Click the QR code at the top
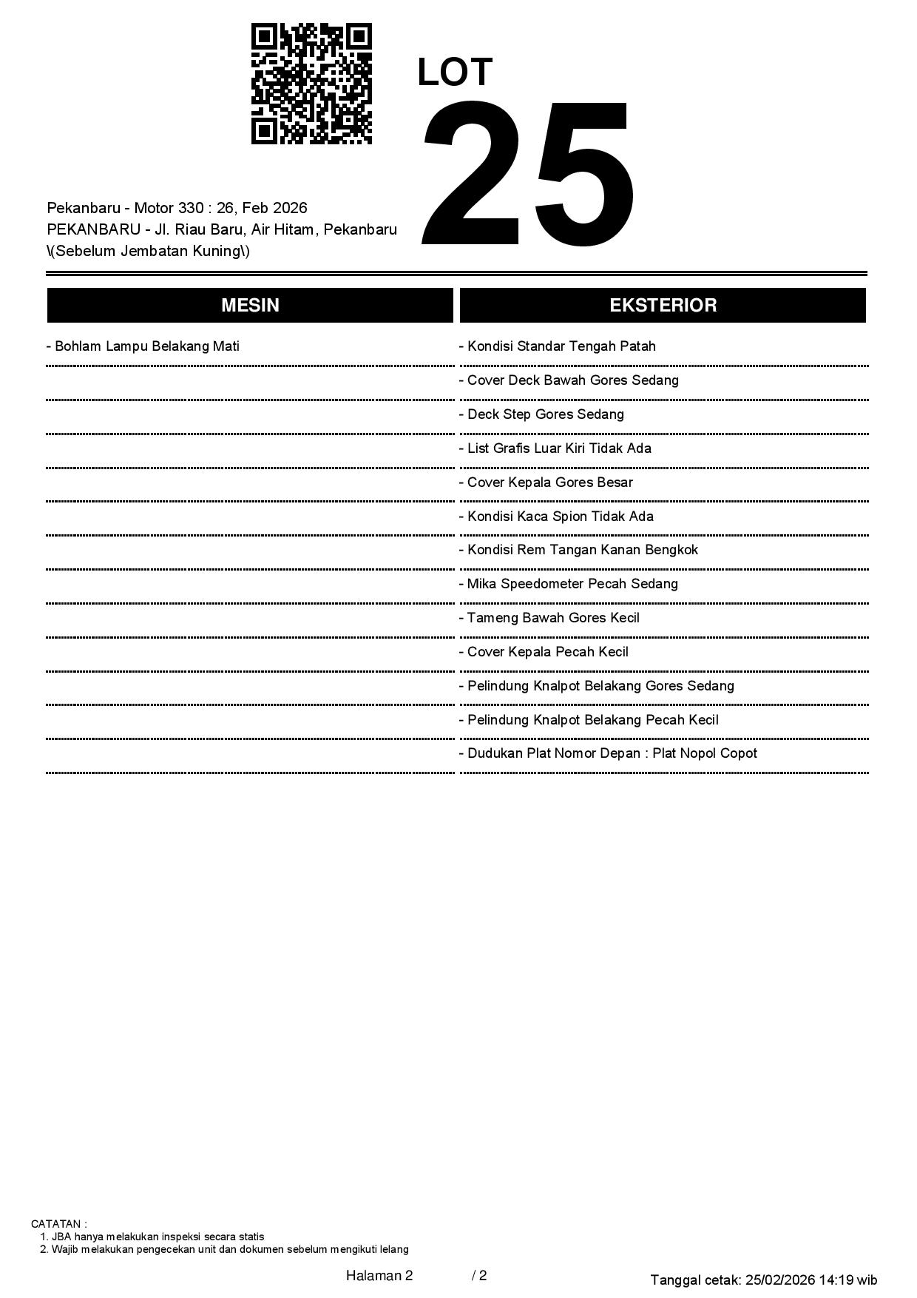point(311,84)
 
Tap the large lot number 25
point(527,174)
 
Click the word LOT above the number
point(455,73)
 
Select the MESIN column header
point(250,306)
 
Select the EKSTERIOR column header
point(663,306)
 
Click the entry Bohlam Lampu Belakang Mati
point(143,346)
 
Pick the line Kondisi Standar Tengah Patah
point(558,346)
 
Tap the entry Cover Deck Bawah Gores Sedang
point(569,380)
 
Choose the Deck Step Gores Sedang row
point(541,414)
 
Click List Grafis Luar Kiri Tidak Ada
point(555,448)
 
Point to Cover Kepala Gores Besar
point(546,482)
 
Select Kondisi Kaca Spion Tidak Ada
point(556,517)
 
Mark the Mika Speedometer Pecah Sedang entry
point(569,584)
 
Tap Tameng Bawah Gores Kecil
point(549,618)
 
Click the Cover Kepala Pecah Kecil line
point(544,652)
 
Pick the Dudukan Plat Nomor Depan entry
point(608,753)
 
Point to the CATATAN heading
point(58,1224)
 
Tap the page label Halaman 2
point(379,1276)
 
